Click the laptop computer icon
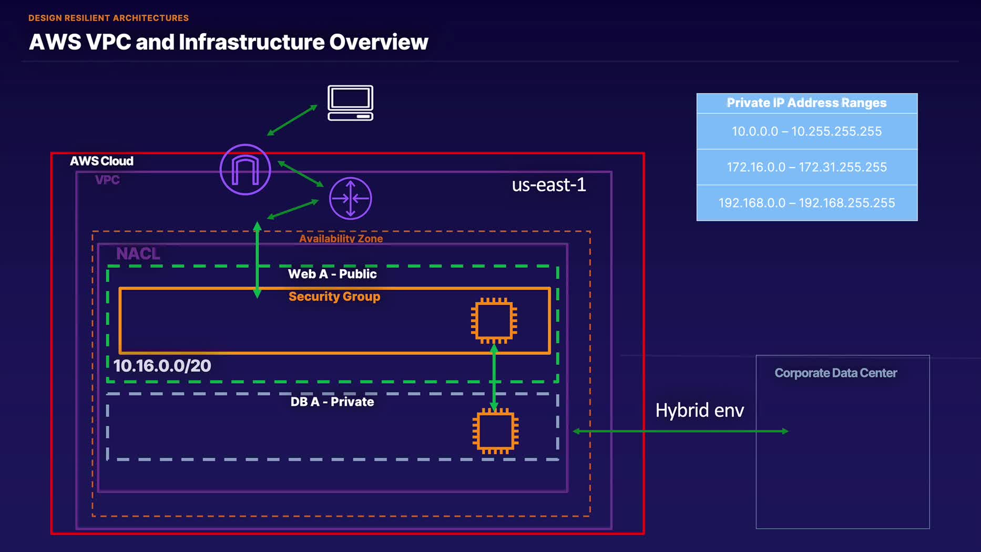(x=351, y=103)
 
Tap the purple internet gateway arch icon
(x=245, y=170)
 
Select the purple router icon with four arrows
(x=351, y=198)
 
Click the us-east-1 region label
(x=549, y=185)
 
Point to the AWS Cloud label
(x=101, y=161)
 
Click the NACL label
(x=138, y=253)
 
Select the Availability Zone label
(x=341, y=238)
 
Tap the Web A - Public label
(x=332, y=274)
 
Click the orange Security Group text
(x=334, y=297)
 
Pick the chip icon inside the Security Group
(x=494, y=321)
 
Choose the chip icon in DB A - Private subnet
(x=495, y=431)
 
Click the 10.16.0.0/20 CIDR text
(x=162, y=366)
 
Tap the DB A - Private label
(x=332, y=402)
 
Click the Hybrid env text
(x=700, y=410)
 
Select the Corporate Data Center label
(x=835, y=373)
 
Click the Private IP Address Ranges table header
(x=806, y=103)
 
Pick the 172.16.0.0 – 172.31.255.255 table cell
(x=806, y=167)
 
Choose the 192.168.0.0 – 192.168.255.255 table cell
(x=806, y=203)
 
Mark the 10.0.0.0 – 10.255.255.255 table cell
(x=806, y=131)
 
